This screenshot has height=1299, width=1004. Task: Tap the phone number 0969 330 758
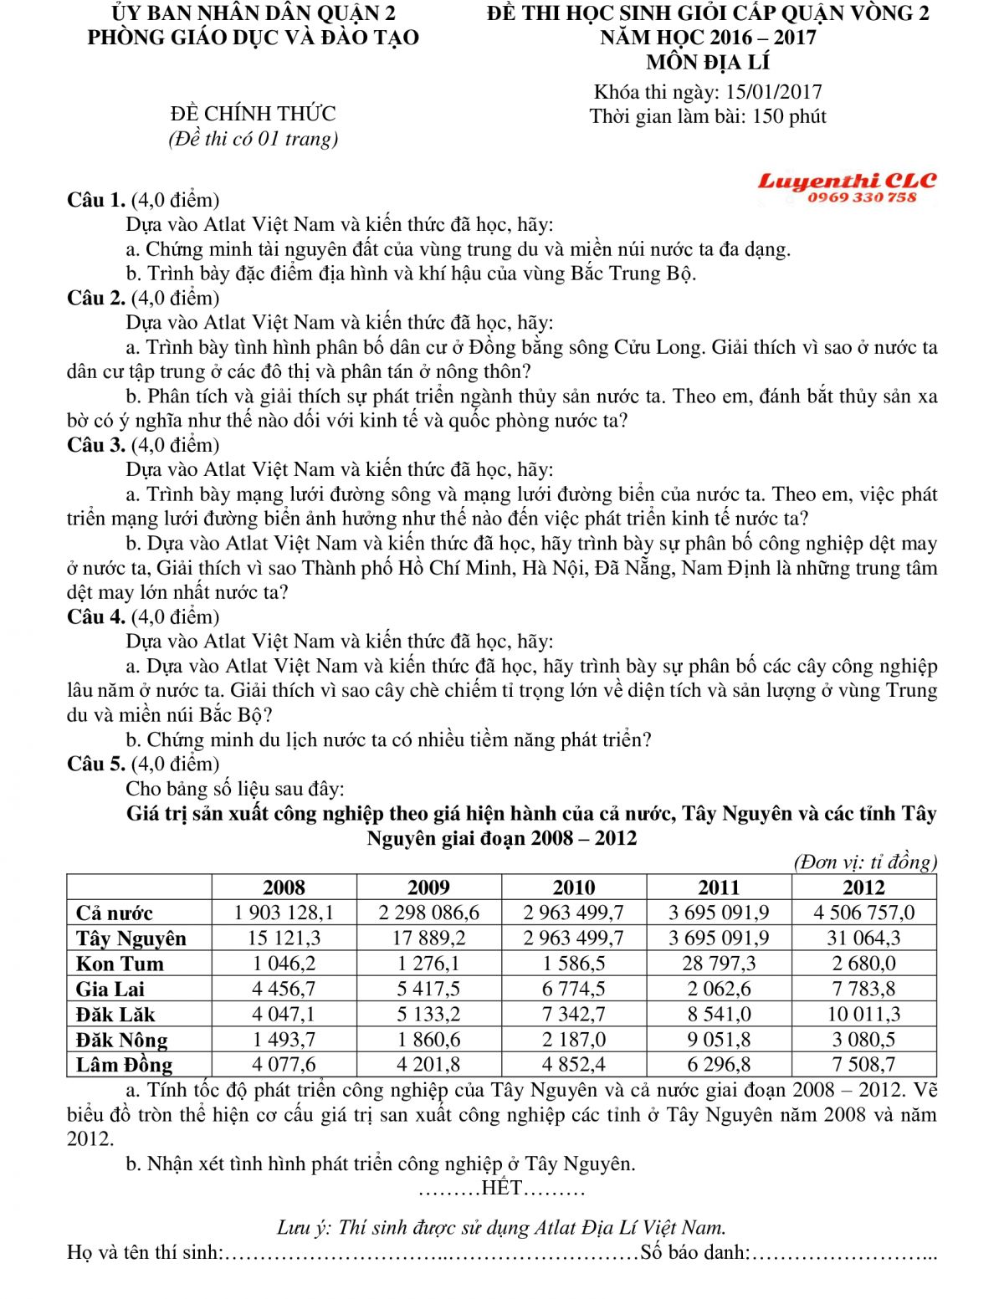862,198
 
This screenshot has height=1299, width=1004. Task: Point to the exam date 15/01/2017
774,92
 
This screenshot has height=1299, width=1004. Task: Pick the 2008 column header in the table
284,887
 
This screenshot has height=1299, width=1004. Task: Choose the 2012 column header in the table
863,887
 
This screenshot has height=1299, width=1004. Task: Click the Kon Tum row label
120,964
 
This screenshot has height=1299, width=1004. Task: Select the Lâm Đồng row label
124,1065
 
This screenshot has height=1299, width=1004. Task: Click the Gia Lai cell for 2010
573,989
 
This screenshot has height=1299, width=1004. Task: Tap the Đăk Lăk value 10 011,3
863,1015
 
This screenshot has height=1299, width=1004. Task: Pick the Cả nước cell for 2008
284,913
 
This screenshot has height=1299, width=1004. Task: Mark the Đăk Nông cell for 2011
719,1040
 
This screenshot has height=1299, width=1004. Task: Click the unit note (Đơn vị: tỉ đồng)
864,862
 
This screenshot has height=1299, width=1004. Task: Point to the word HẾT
502,1188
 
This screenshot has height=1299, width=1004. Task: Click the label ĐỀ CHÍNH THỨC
253,114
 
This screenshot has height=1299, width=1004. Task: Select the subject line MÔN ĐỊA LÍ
708,63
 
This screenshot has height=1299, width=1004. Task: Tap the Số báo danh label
694,1252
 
